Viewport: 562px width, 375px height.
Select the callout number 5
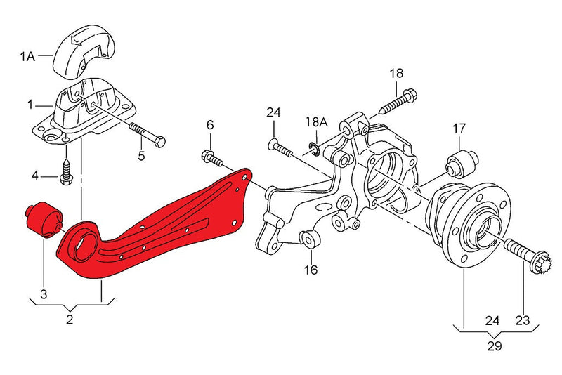[140, 156]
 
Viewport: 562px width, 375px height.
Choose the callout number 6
[209, 125]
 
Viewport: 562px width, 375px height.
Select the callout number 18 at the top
[396, 73]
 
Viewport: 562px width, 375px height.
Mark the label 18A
[316, 122]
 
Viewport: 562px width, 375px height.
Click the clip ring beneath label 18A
[315, 148]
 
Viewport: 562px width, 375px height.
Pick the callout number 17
[459, 129]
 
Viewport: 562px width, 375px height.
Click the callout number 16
[311, 269]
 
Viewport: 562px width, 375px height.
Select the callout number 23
[523, 320]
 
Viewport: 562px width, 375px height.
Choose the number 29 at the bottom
[495, 346]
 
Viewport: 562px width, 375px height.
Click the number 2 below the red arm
[70, 320]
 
